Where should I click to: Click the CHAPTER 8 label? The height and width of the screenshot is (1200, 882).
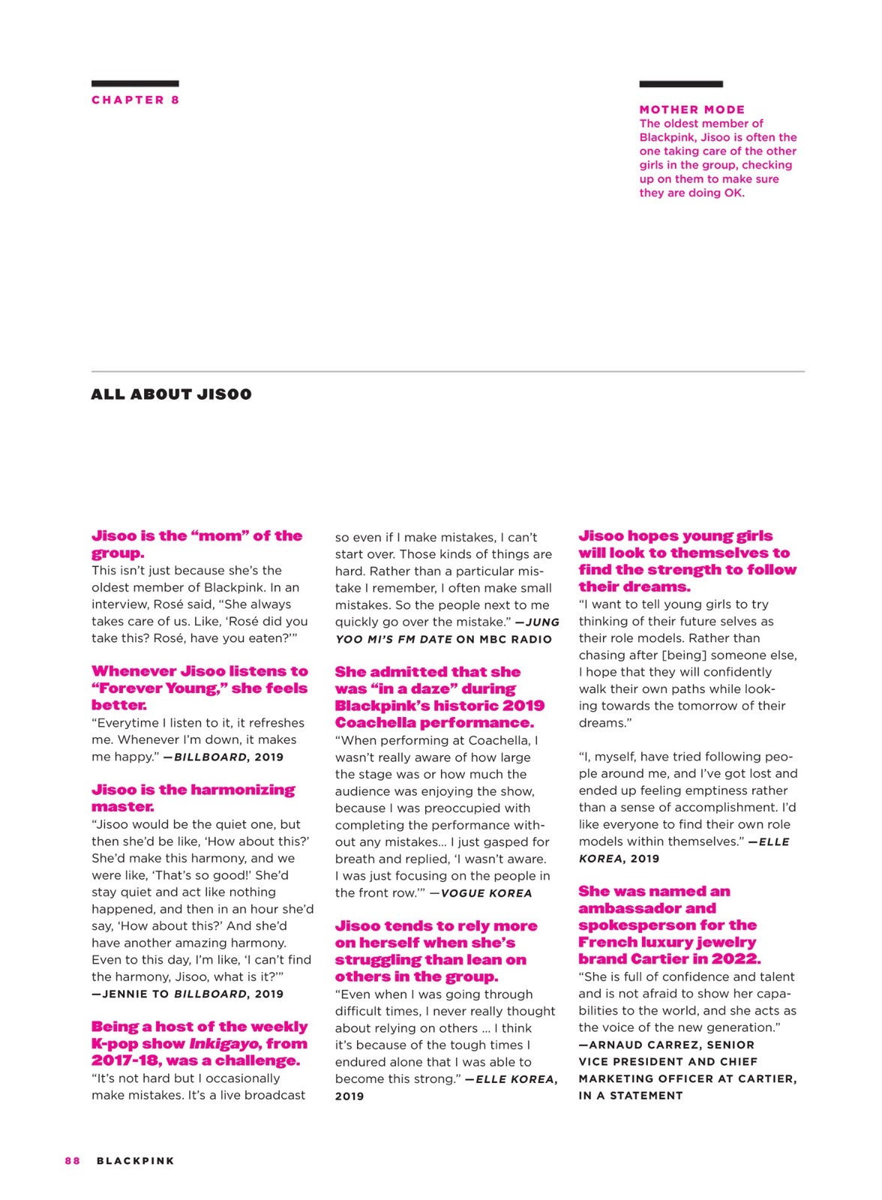pos(135,100)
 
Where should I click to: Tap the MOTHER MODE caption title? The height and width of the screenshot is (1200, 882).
pos(691,109)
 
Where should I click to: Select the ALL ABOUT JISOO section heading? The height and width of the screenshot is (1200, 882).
pos(171,394)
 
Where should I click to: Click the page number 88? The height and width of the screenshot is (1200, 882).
pos(72,1160)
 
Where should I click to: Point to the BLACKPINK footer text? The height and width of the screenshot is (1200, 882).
pos(135,1160)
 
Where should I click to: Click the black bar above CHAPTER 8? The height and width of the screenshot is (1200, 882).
pos(135,83)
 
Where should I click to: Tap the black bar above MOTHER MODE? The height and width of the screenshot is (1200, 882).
pos(680,84)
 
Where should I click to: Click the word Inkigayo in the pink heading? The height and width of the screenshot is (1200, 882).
pos(223,1043)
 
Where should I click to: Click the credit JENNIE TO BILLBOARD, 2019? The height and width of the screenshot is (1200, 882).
pos(187,994)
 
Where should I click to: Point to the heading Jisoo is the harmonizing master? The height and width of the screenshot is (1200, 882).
pos(193,797)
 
